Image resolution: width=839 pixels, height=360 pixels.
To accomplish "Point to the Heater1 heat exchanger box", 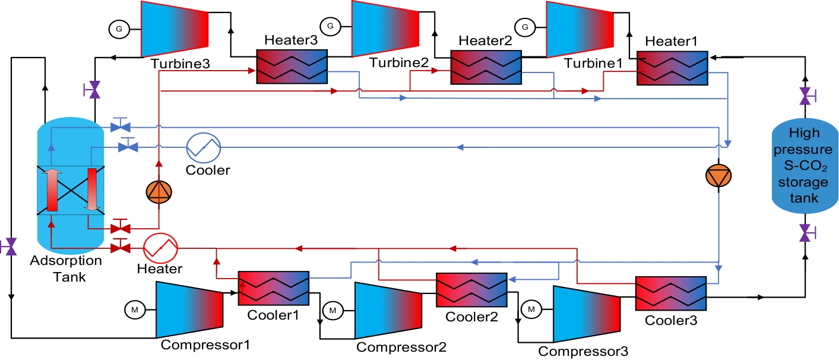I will pos(672,68).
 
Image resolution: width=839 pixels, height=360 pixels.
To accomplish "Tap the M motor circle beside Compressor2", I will pos(333,310).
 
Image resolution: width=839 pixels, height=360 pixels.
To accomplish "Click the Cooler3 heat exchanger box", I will pos(671,293).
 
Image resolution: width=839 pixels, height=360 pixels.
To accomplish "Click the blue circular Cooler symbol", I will pos(203,147).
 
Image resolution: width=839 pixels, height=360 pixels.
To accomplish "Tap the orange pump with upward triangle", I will pos(159,191).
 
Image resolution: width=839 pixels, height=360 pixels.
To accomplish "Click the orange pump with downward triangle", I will pos(718,175).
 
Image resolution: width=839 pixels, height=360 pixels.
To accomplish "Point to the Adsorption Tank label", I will pos(66,269).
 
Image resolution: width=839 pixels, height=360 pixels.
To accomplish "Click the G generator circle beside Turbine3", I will pos(118,27).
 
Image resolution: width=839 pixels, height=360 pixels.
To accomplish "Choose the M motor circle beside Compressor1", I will pos(134,309).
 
